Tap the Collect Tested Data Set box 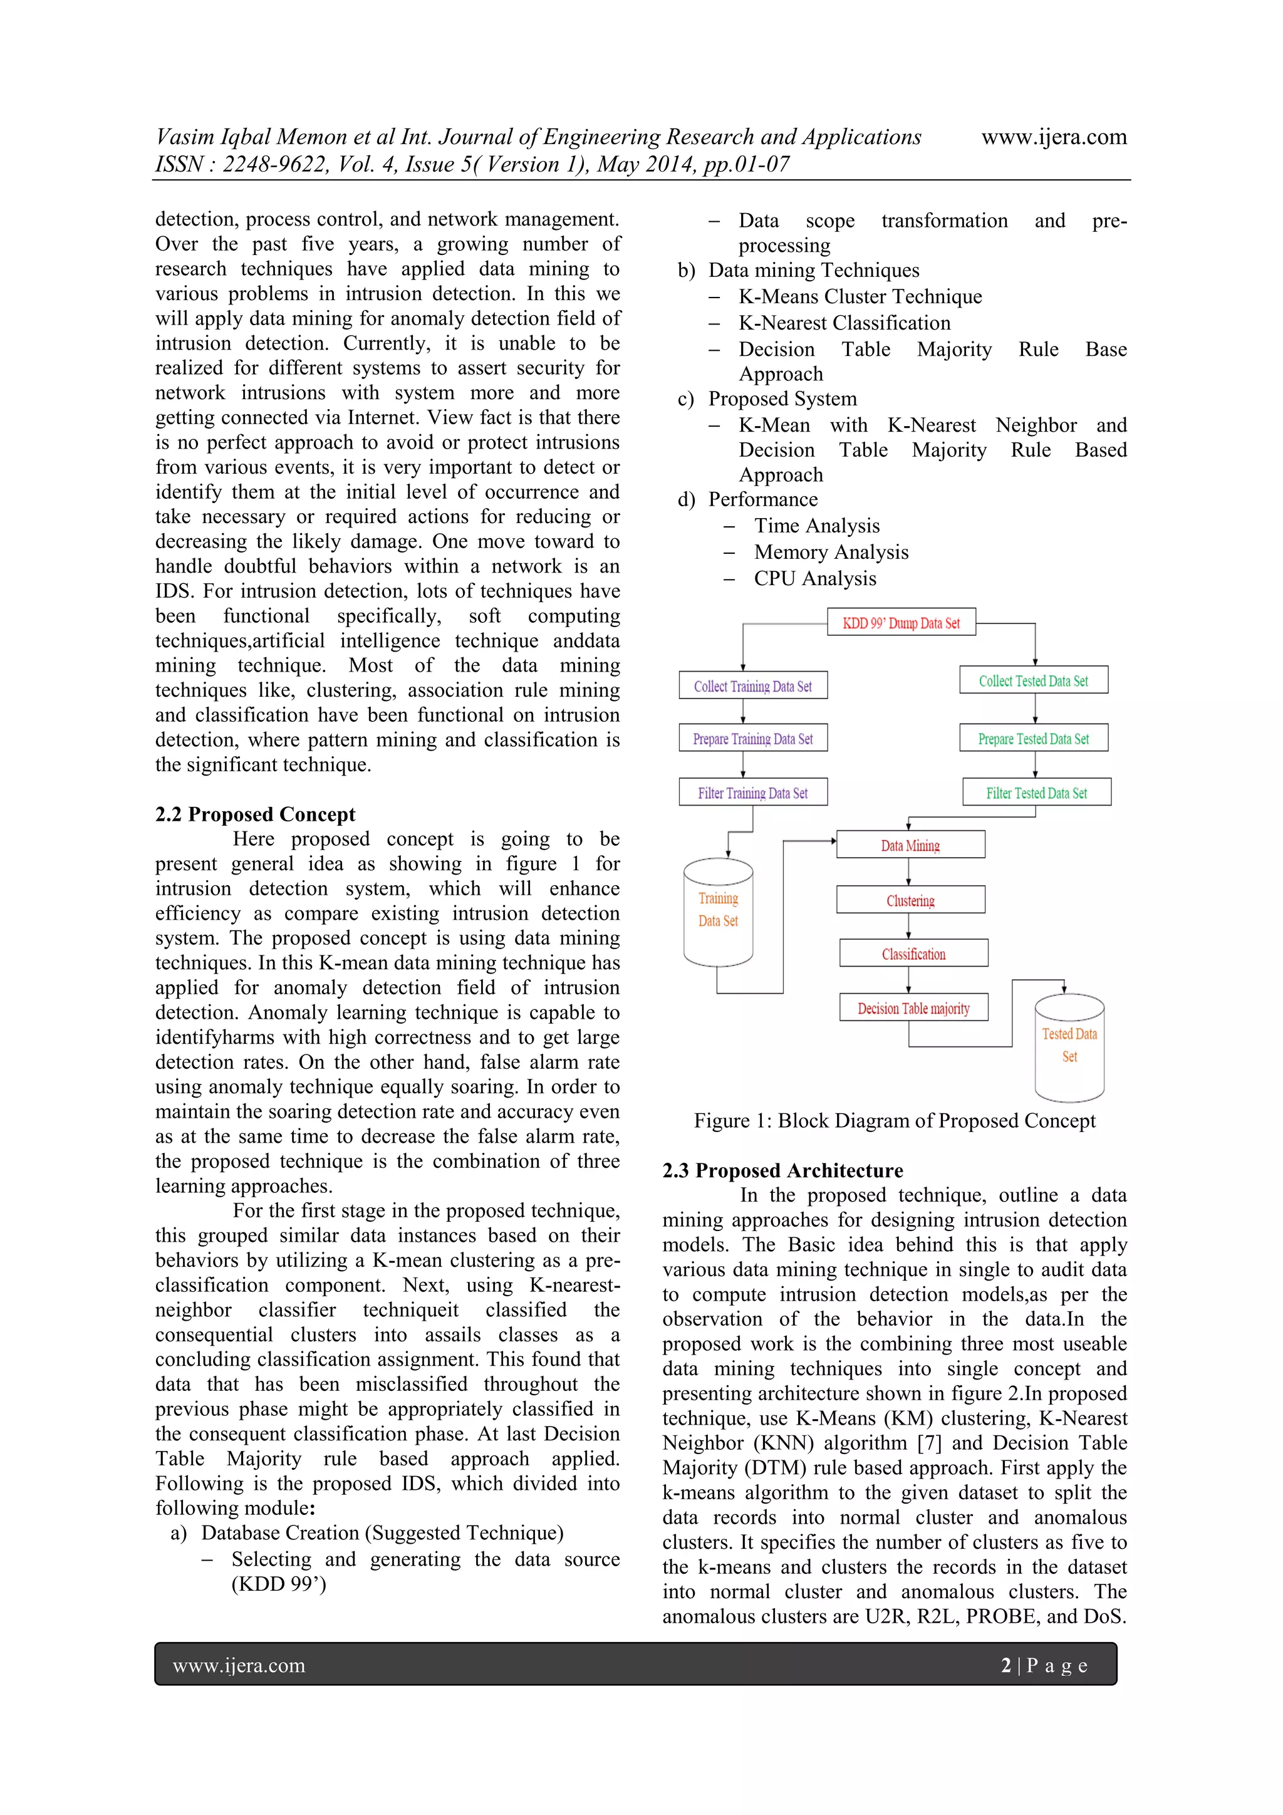[x=1033, y=680]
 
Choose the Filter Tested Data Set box [x=1036, y=792]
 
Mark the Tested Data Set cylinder [x=1069, y=1047]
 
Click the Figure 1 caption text [x=894, y=1120]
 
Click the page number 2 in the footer [x=1005, y=1666]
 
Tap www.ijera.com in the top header [x=1054, y=137]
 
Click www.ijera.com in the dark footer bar [x=239, y=1666]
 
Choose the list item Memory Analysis [x=831, y=552]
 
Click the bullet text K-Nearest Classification [x=844, y=323]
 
